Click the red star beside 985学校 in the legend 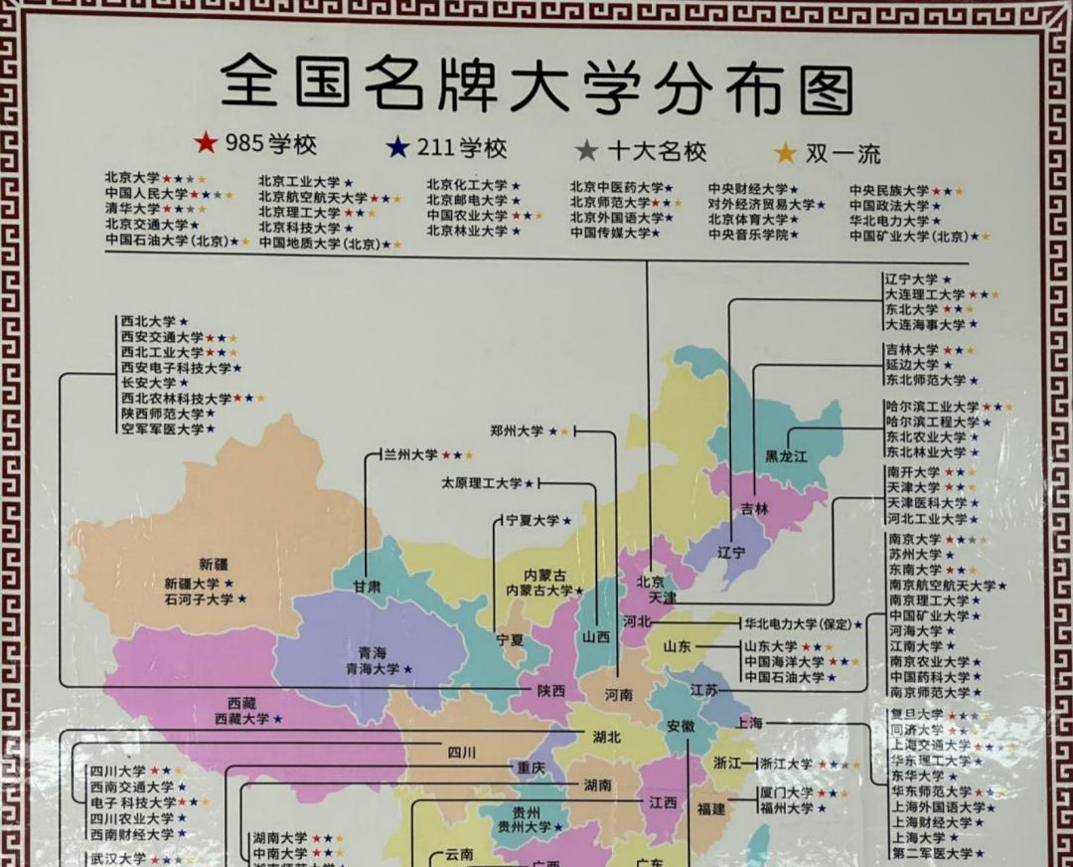point(206,144)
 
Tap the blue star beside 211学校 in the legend point(397,149)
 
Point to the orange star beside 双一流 point(786,153)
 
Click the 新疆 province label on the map point(213,563)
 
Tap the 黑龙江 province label point(787,456)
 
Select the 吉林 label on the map point(755,508)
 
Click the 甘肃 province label point(367,586)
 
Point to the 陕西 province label point(550,690)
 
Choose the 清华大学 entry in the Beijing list point(132,209)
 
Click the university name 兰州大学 point(410,454)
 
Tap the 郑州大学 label point(517,431)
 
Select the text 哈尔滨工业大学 point(932,407)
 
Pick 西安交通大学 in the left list point(162,337)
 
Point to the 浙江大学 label point(786,764)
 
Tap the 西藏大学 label point(241,718)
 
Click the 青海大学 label point(372,669)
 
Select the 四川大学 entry point(117,771)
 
